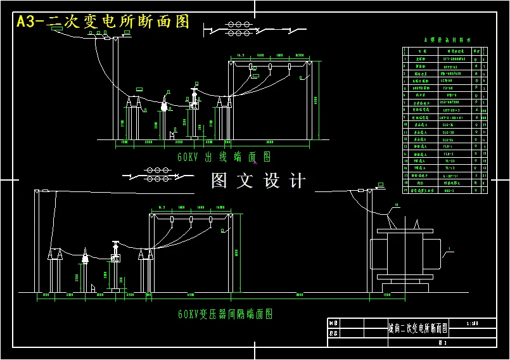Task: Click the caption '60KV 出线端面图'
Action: (224, 157)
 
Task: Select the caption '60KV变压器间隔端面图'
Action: (226, 314)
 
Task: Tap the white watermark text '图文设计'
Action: (258, 181)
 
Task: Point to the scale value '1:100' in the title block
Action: (472, 323)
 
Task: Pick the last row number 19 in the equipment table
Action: (406, 190)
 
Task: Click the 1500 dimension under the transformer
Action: (386, 295)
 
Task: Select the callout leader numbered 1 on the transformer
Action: (449, 250)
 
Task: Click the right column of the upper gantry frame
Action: (310, 101)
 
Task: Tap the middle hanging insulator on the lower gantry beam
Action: (191, 221)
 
